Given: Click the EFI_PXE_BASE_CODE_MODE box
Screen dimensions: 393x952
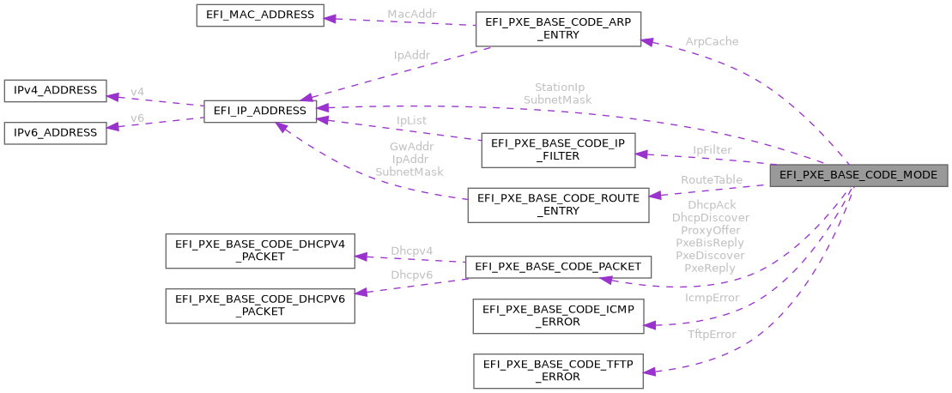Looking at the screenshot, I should tap(859, 175).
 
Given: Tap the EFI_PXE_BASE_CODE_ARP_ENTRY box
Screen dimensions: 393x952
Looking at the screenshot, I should tap(557, 29).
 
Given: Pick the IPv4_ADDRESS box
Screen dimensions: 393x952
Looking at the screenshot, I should tap(55, 90).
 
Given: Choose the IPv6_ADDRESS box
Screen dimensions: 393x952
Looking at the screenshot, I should tap(55, 132).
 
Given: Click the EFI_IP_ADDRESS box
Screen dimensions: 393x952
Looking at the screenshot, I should tap(259, 111).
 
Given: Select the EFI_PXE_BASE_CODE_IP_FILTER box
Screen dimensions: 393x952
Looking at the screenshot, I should tap(557, 150).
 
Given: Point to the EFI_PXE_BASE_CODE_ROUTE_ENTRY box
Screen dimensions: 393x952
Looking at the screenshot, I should tap(557, 204).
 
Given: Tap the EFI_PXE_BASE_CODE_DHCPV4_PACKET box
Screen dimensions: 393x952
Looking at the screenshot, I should tap(259, 250).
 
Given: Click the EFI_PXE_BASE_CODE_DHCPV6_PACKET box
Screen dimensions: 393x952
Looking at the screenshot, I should tap(259, 305).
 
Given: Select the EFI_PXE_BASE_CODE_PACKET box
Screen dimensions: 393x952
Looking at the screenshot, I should tap(558, 268).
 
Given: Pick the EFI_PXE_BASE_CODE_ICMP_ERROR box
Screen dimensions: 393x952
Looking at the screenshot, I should tap(557, 315).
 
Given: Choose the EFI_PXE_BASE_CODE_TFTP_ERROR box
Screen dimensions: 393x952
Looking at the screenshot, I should tap(557, 371).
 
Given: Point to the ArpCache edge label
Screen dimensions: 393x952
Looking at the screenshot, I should tap(712, 41).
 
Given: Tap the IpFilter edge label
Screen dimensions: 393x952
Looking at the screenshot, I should tap(712, 150).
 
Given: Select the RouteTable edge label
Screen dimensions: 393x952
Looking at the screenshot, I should tap(712, 179).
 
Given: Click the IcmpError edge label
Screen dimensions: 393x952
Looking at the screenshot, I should tap(712, 298).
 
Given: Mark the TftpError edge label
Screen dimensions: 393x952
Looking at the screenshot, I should tap(712, 334).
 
